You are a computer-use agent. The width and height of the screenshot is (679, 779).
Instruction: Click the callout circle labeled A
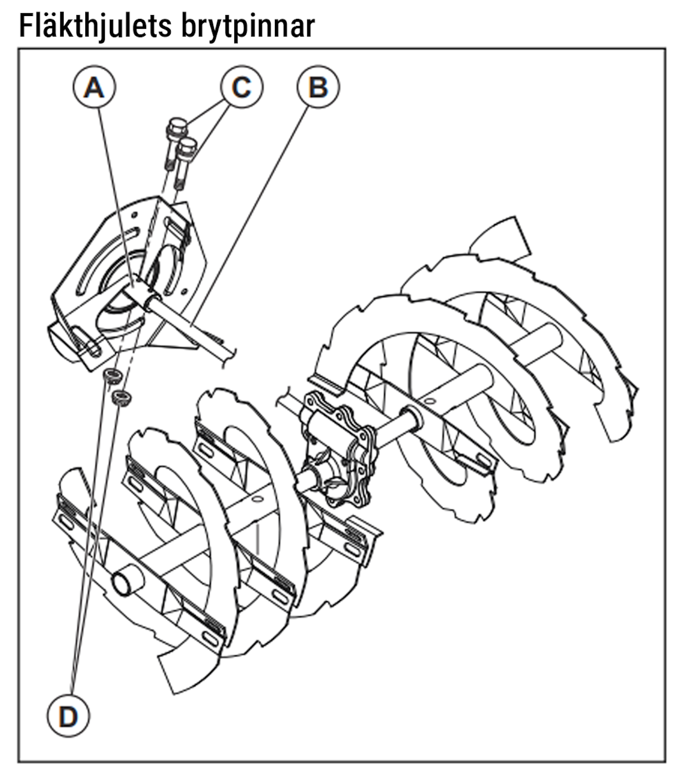tap(94, 87)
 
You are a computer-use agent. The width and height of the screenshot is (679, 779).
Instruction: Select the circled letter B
tap(318, 87)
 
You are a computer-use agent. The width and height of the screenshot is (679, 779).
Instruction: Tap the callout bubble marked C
tap(242, 87)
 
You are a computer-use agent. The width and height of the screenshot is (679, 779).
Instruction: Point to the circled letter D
tap(68, 717)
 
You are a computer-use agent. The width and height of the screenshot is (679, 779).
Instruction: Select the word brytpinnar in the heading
tap(248, 27)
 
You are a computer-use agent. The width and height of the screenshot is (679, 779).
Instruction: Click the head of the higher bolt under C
tap(177, 126)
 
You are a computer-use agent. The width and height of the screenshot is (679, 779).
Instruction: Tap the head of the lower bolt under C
tap(187, 147)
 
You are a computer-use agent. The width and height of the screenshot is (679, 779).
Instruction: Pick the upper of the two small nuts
tap(113, 376)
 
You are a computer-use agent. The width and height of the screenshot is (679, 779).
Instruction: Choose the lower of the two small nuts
tap(122, 396)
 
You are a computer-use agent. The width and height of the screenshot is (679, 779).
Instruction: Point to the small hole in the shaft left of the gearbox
tap(257, 498)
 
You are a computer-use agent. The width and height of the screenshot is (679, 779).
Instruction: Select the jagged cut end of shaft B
tap(227, 354)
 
